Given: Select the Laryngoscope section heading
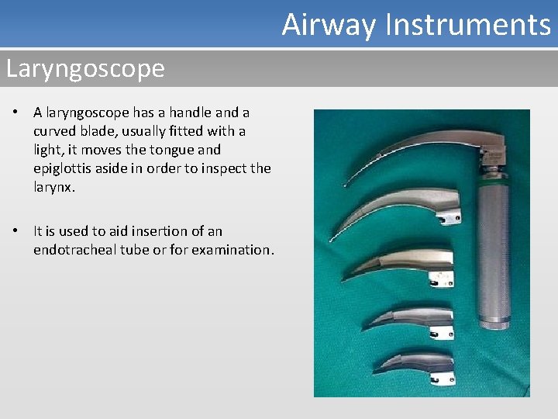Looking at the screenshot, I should coord(85,69).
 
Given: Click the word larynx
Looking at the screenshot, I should coord(54,187).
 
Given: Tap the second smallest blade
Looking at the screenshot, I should coord(418,317).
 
